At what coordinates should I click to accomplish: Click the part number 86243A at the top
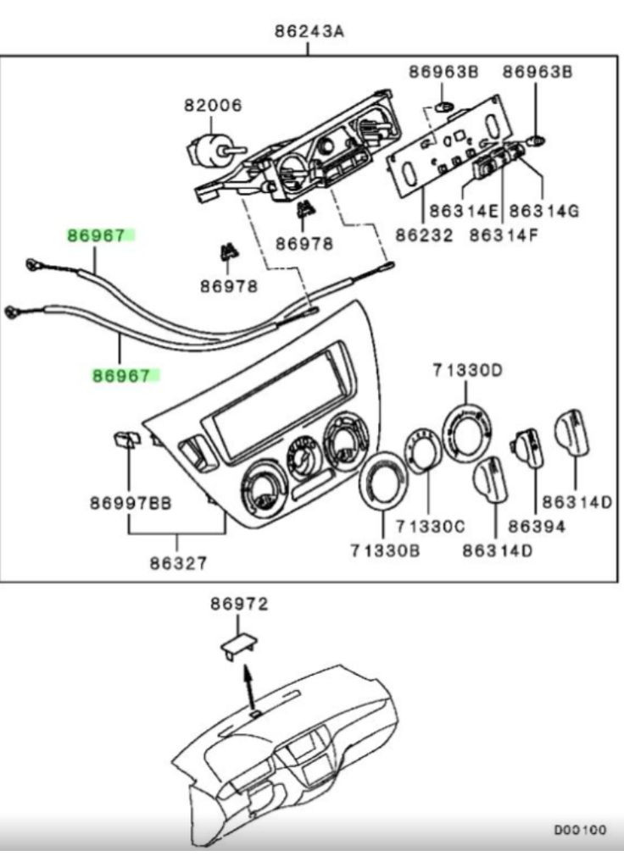point(308,32)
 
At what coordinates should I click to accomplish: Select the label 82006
point(213,106)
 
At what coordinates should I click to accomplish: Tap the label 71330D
point(467,370)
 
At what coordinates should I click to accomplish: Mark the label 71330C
point(432,527)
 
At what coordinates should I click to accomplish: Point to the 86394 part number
point(536,527)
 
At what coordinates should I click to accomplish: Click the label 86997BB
point(131,503)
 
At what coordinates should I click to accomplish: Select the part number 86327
point(179,561)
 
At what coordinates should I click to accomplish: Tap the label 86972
point(239,604)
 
